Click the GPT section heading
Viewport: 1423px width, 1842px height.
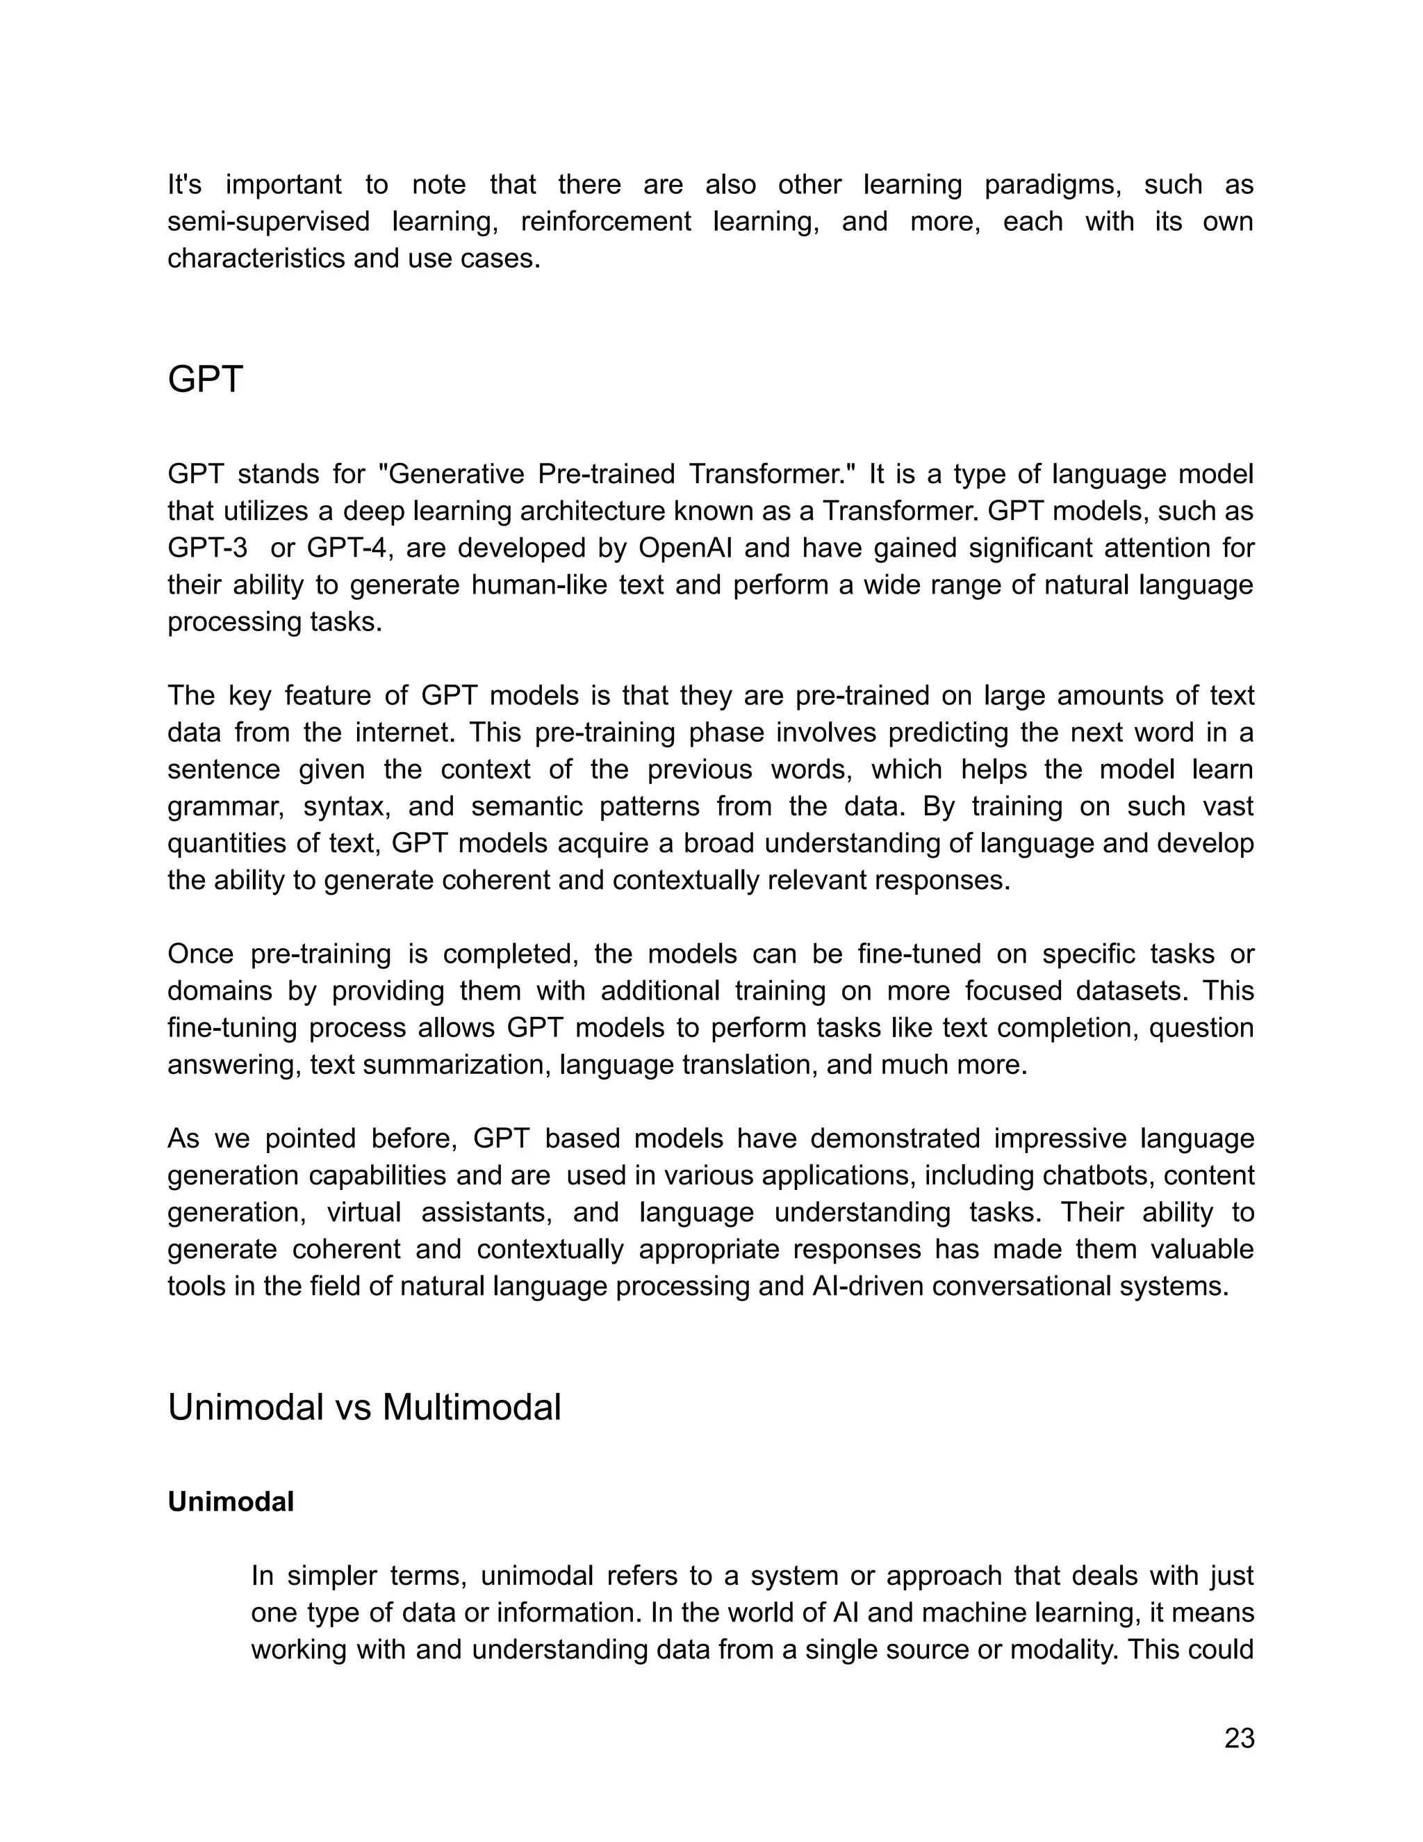pos(205,380)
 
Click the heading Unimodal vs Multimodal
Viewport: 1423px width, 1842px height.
pos(364,1408)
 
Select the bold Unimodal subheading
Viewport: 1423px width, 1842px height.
pos(230,1501)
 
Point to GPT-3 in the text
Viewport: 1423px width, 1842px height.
pos(207,548)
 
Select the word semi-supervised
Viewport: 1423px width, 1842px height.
pos(268,221)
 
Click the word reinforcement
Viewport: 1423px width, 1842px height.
pos(605,221)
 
